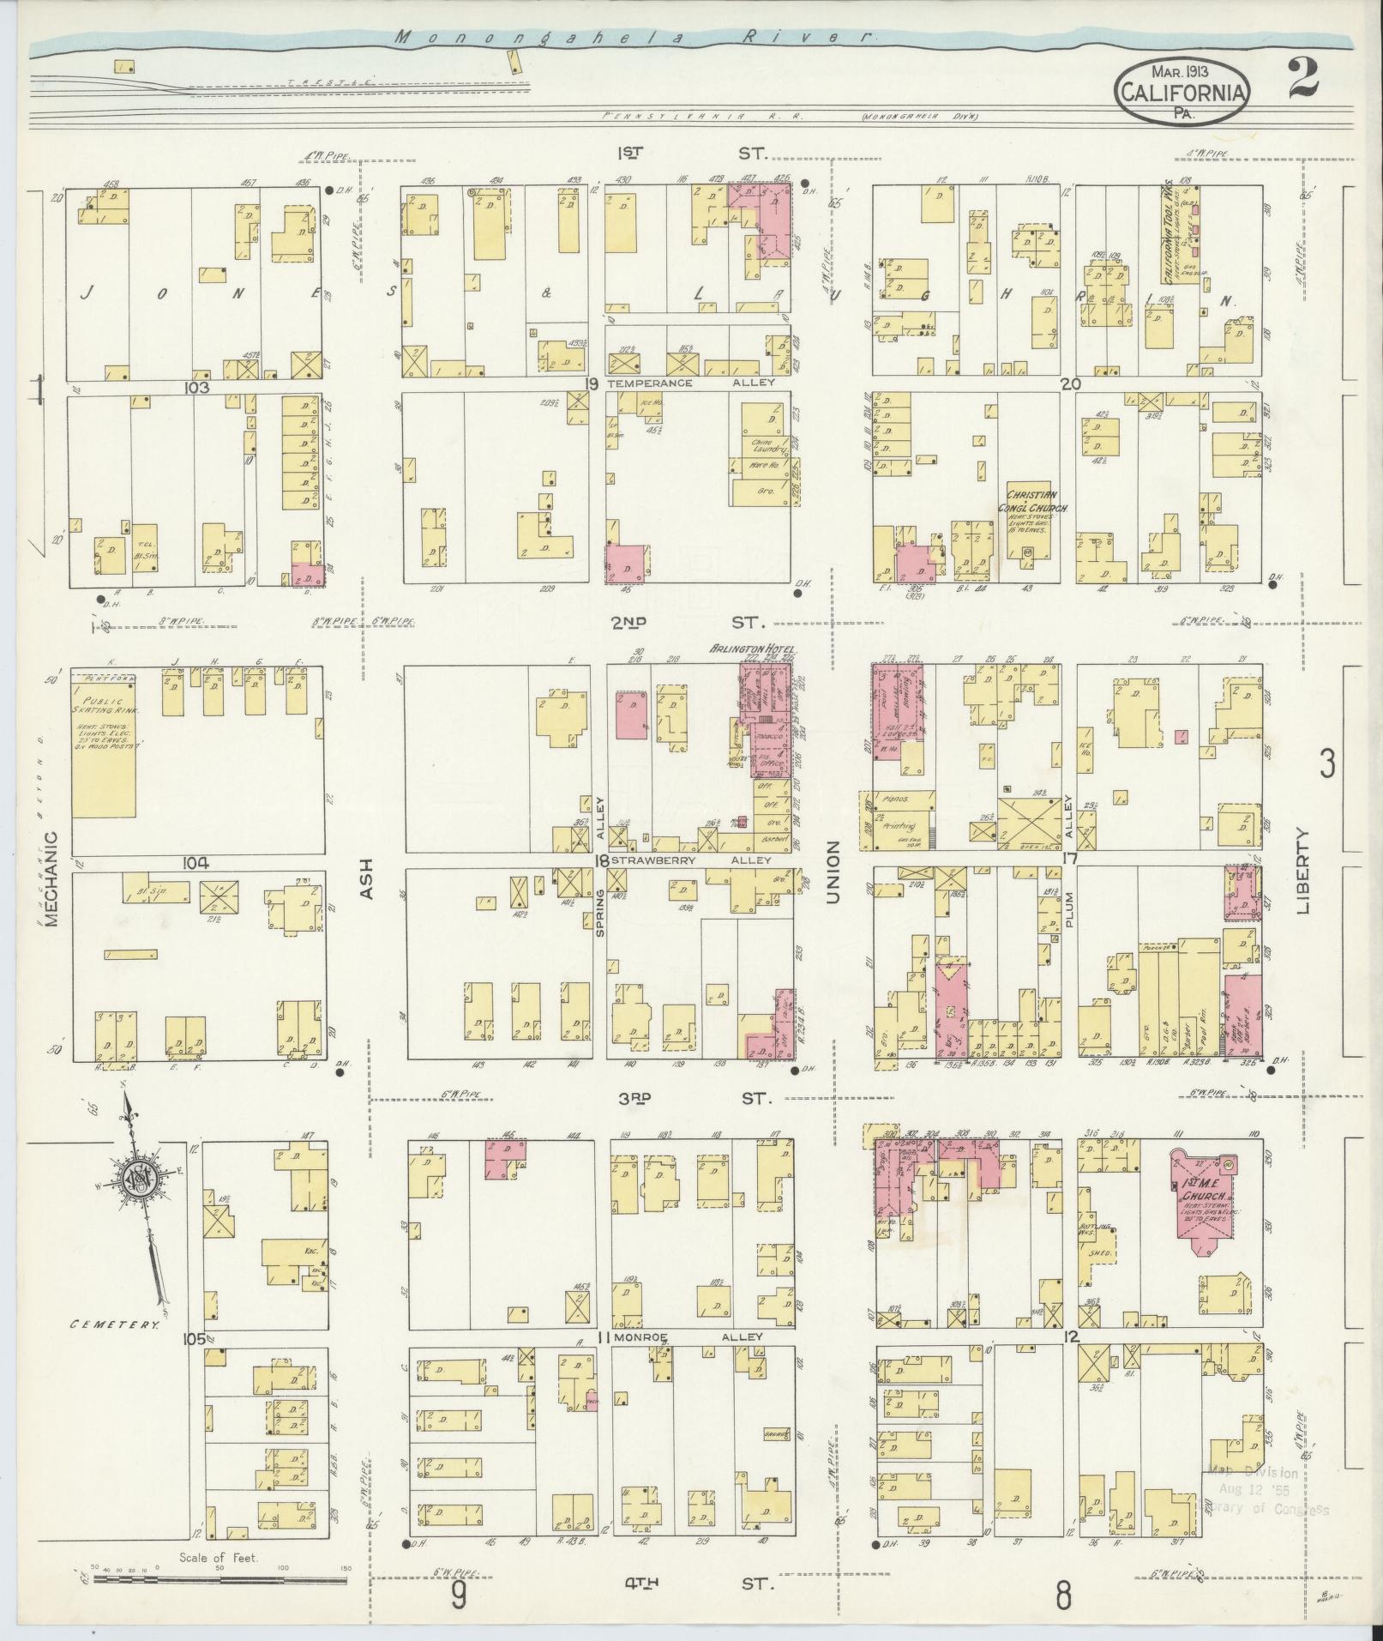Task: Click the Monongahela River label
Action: [634, 39]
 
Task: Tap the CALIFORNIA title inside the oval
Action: [1182, 91]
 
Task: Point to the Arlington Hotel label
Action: [751, 649]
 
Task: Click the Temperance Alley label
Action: [690, 383]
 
